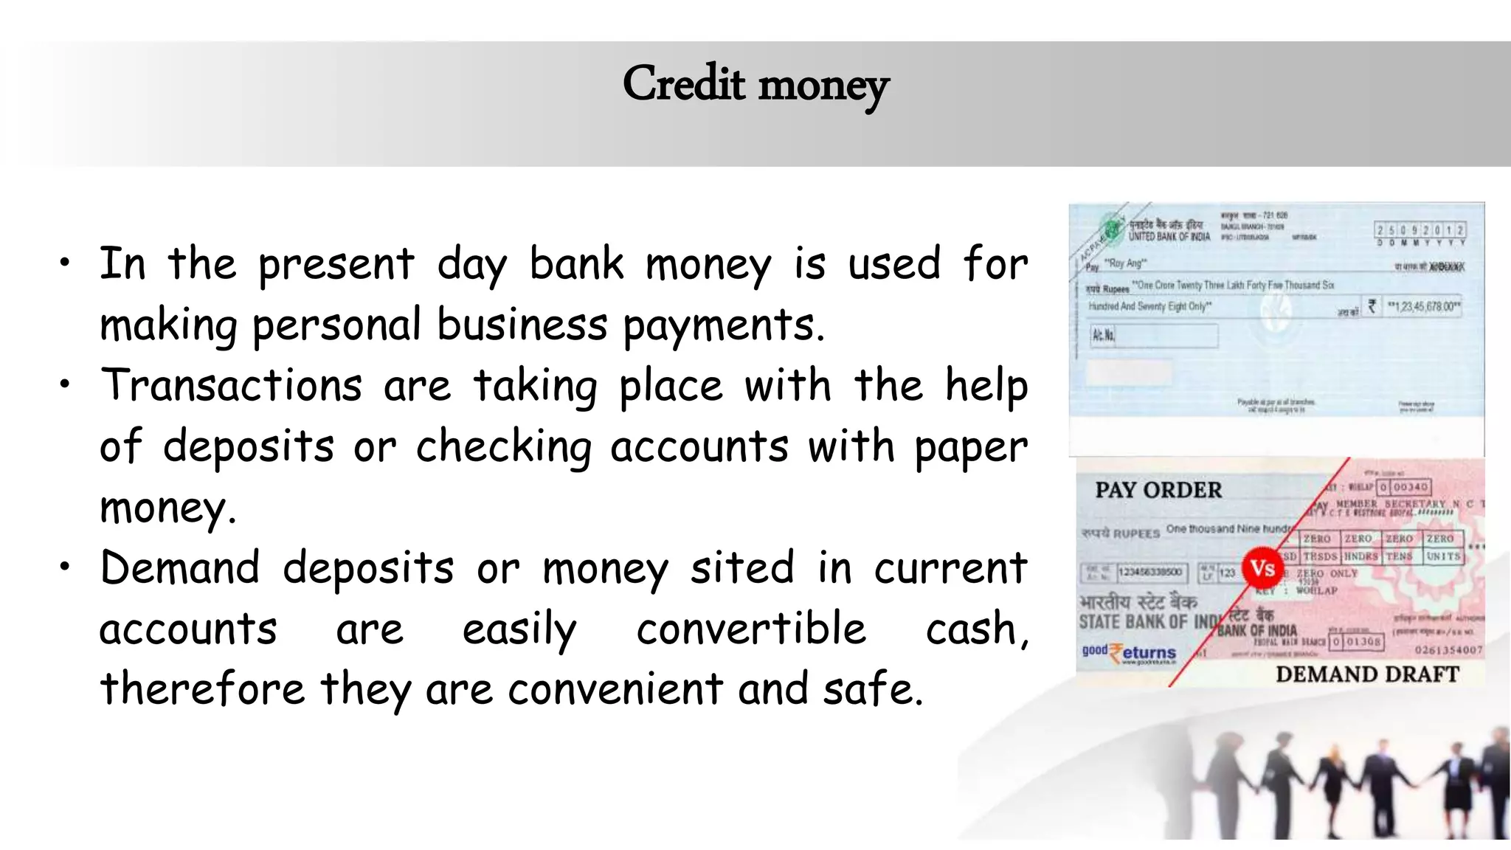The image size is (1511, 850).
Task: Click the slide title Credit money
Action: point(755,85)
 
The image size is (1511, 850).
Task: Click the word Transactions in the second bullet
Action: point(231,385)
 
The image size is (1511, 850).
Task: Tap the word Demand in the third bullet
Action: point(180,567)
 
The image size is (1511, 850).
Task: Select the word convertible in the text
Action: point(751,629)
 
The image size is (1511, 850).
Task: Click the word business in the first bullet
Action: point(522,325)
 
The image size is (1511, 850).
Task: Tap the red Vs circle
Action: point(1263,568)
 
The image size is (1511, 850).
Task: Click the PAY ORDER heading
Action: point(1158,490)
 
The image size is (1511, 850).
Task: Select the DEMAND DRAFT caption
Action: point(1367,674)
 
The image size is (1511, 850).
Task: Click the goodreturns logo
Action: point(1129,652)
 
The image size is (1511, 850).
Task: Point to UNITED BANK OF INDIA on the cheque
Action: point(1169,237)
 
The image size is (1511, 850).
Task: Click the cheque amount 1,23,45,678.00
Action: point(1423,306)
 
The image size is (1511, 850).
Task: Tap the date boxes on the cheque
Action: point(1420,231)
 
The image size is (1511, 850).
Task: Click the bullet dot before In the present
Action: point(66,262)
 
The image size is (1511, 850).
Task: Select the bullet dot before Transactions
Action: point(66,384)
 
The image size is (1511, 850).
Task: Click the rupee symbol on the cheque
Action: point(1372,305)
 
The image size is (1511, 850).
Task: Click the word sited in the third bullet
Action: point(741,567)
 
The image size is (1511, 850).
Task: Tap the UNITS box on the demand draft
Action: point(1443,556)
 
